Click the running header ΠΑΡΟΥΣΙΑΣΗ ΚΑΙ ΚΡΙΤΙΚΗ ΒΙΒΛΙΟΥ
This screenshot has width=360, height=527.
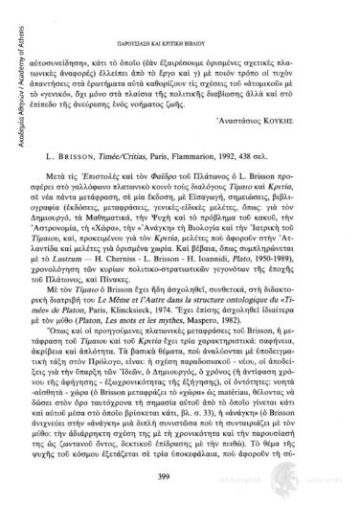[x=181, y=14]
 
